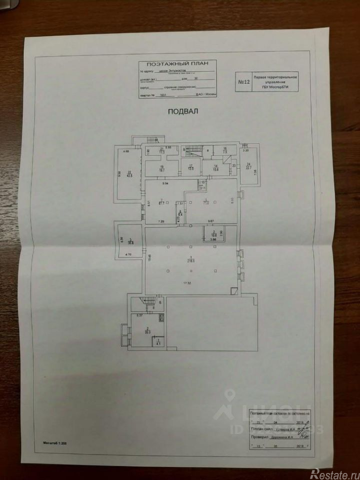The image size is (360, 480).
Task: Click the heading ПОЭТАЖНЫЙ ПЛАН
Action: [178, 64]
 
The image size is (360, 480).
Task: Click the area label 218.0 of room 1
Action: [190, 260]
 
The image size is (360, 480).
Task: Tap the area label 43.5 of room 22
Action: [129, 174]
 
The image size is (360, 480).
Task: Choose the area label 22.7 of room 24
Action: [248, 167]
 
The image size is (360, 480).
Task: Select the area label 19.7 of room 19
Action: [162, 170]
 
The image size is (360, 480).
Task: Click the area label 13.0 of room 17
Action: [190, 169]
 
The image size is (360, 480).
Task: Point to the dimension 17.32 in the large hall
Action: [188, 283]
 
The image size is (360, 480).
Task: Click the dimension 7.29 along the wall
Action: [161, 221]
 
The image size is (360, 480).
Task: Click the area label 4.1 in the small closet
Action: [158, 343]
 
